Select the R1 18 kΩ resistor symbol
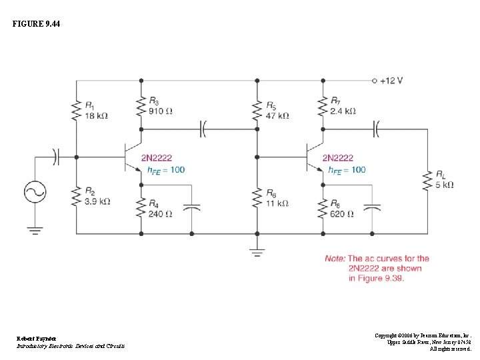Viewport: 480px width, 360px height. point(76,110)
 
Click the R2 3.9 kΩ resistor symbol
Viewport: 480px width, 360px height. point(76,196)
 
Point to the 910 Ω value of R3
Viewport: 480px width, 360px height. point(161,111)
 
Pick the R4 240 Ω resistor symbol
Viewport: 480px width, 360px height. point(141,208)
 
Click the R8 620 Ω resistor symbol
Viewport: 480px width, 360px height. point(323,209)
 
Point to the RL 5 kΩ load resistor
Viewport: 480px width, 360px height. point(428,180)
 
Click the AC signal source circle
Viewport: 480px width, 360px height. point(35,193)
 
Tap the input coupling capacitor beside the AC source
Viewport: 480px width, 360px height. point(57,157)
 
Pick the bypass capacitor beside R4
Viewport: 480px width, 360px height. point(192,209)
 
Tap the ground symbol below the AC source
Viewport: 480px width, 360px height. point(35,231)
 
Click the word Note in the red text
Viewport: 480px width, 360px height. point(335,259)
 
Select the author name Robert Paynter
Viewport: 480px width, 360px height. point(37,339)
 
